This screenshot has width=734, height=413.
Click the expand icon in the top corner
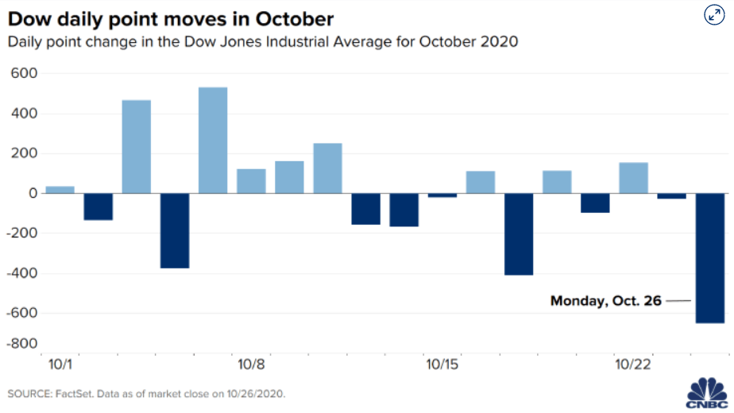[714, 14]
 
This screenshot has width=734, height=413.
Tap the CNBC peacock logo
[707, 392]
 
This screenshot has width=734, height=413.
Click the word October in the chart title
[295, 19]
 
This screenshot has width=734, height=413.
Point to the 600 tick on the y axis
[24, 73]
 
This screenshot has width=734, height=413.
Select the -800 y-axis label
[21, 343]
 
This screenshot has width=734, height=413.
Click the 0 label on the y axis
[33, 193]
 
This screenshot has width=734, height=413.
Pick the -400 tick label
[21, 273]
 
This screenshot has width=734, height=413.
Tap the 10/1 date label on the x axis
[60, 364]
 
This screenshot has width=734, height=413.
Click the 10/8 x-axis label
[251, 364]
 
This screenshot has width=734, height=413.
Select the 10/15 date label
[442, 364]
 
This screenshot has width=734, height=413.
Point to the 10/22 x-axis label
[633, 364]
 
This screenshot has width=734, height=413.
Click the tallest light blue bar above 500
[213, 140]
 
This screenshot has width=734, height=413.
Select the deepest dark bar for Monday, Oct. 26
[710, 258]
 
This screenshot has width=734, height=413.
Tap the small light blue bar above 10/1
[60, 190]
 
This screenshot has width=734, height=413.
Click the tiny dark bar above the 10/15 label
[442, 195]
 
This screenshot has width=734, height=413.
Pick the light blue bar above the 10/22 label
[634, 178]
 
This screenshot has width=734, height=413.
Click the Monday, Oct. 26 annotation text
[606, 301]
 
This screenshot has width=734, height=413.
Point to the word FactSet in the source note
[75, 394]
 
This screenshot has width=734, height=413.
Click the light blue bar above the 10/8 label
[251, 181]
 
